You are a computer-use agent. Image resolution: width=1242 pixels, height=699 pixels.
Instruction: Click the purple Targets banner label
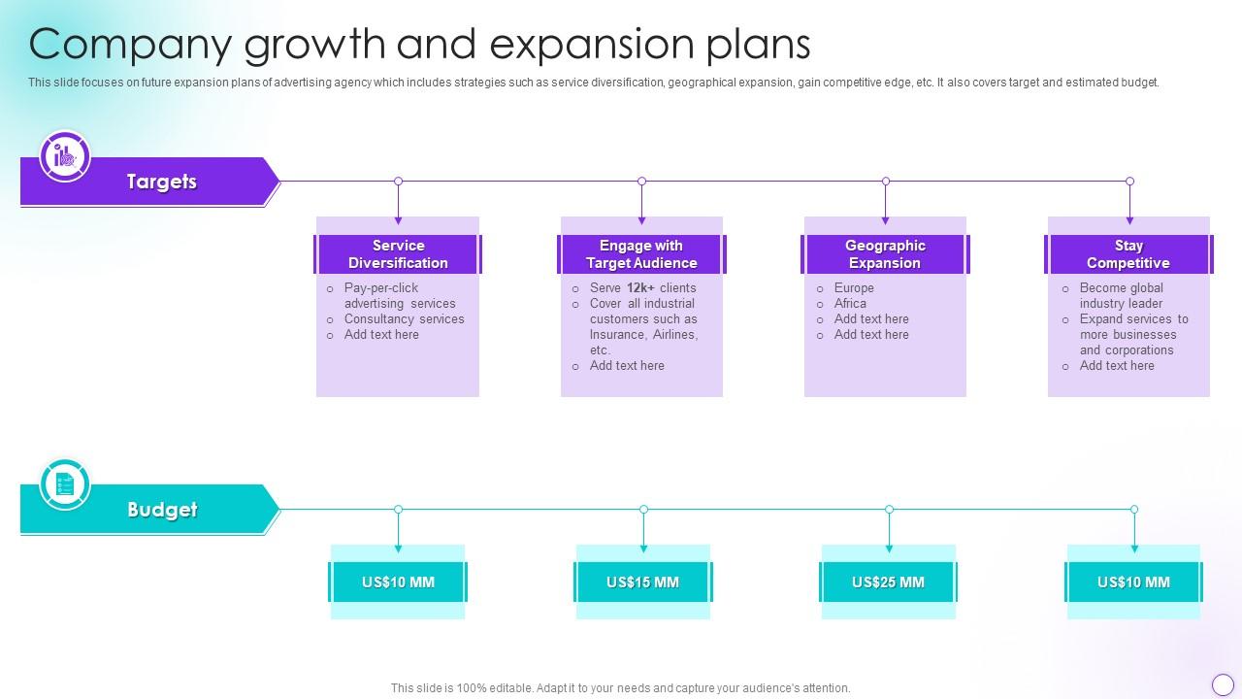[161, 182]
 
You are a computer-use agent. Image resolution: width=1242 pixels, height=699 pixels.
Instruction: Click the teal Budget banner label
[161, 510]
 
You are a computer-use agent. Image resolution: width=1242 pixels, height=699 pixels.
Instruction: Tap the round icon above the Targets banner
[65, 155]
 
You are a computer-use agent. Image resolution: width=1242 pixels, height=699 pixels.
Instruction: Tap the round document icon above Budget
[65, 483]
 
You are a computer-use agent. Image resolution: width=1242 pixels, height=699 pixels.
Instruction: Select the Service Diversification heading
[398, 254]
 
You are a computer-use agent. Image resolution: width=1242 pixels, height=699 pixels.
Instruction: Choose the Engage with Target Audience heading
[641, 254]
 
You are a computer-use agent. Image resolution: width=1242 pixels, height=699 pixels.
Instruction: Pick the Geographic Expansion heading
[885, 254]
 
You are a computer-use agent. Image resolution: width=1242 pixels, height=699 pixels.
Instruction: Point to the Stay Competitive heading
[1128, 254]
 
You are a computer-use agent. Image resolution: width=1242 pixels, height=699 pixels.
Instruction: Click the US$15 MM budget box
[642, 582]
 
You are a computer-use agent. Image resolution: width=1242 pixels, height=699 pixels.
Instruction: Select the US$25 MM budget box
[888, 582]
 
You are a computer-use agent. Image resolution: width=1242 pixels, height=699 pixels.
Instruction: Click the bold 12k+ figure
[640, 287]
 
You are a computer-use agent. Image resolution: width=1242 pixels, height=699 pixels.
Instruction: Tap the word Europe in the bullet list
[854, 287]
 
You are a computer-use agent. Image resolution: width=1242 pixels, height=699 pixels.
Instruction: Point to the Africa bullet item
[850, 303]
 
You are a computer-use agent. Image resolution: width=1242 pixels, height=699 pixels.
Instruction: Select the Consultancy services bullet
[404, 318]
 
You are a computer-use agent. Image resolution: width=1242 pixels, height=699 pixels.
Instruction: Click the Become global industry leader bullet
[1121, 295]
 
